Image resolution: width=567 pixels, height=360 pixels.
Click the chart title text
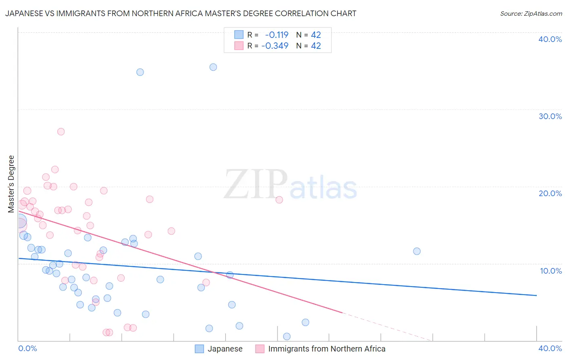(x=181, y=13)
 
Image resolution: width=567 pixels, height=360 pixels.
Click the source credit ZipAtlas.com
(x=531, y=13)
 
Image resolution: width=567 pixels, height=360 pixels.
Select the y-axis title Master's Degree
(x=11, y=184)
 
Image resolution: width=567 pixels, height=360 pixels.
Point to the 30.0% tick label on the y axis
(x=550, y=116)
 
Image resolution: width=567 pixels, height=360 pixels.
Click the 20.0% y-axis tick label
(x=550, y=193)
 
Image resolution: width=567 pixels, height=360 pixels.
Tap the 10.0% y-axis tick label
(x=551, y=271)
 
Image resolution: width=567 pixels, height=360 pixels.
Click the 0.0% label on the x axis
(x=28, y=348)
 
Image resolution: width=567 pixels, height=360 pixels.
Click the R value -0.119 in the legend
(x=277, y=35)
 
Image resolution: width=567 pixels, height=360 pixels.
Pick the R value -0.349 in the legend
(x=275, y=46)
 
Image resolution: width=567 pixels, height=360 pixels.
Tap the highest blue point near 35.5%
(x=213, y=67)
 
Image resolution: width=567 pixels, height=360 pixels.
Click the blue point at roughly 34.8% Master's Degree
(x=140, y=72)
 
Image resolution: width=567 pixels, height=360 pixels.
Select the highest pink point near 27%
(x=61, y=132)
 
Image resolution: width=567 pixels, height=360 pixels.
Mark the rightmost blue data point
(x=417, y=251)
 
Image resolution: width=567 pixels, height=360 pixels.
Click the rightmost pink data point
(x=279, y=200)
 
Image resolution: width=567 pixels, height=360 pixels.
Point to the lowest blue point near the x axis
(x=287, y=336)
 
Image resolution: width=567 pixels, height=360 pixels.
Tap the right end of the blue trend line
(x=536, y=295)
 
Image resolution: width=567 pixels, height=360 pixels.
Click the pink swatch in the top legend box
(x=239, y=46)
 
